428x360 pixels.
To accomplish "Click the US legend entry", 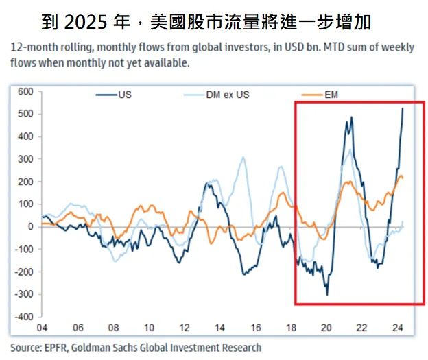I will click(x=124, y=94).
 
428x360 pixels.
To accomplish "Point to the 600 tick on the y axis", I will click(x=25, y=91).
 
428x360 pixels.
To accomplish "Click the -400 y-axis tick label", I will click(x=24, y=317).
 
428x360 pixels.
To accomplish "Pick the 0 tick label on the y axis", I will click(x=30, y=227).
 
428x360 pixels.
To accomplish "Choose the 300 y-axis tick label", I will click(x=25, y=159).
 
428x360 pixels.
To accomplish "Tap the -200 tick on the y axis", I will click(x=24, y=272).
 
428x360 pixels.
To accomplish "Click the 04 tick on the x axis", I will click(x=42, y=327).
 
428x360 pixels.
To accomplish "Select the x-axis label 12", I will click(x=184, y=327).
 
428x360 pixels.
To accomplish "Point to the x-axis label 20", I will click(x=326, y=327).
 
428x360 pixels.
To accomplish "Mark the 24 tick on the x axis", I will click(x=396, y=327).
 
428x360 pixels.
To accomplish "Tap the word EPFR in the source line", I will click(x=56, y=348).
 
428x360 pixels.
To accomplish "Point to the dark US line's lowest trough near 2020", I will click(x=327, y=295).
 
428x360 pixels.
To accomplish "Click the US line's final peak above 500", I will click(x=403, y=108).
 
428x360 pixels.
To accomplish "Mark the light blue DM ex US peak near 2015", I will click(x=243, y=158).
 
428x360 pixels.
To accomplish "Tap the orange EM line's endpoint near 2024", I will click(x=403, y=178).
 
